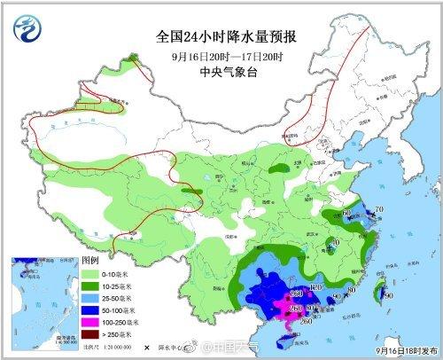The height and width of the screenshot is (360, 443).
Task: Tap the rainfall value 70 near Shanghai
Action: pyautogui.click(x=379, y=209)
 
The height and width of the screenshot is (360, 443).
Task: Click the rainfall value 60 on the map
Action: pyautogui.click(x=346, y=214)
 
